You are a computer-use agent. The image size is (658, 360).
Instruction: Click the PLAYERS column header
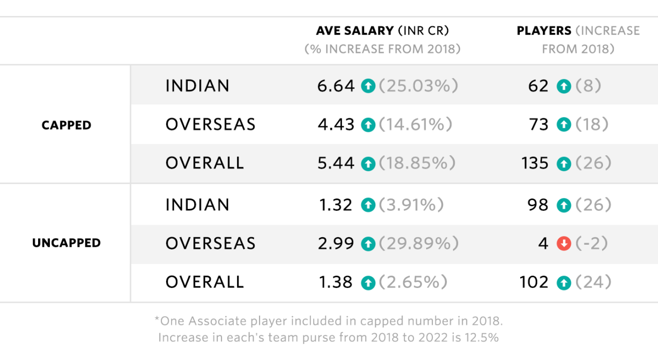(544, 31)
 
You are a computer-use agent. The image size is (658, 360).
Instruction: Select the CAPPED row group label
(66, 125)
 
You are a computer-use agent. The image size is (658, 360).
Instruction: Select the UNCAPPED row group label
(66, 243)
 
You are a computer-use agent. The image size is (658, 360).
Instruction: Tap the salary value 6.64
(336, 86)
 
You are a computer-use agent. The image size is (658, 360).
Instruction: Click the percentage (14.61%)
(416, 124)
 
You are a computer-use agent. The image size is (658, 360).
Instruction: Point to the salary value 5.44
(336, 164)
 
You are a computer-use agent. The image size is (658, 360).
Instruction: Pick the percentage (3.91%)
(411, 205)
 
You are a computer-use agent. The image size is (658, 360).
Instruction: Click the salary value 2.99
(336, 243)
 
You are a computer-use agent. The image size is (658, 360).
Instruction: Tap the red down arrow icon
(564, 243)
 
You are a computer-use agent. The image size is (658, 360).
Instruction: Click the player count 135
(535, 164)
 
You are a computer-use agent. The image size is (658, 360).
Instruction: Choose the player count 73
(539, 124)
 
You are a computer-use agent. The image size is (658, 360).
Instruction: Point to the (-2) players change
(592, 243)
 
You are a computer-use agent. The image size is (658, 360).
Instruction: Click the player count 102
(535, 282)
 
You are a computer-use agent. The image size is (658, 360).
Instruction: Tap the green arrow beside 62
(564, 86)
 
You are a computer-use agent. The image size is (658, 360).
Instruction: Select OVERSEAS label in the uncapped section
(210, 243)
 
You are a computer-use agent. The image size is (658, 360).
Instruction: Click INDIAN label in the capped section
(197, 86)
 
